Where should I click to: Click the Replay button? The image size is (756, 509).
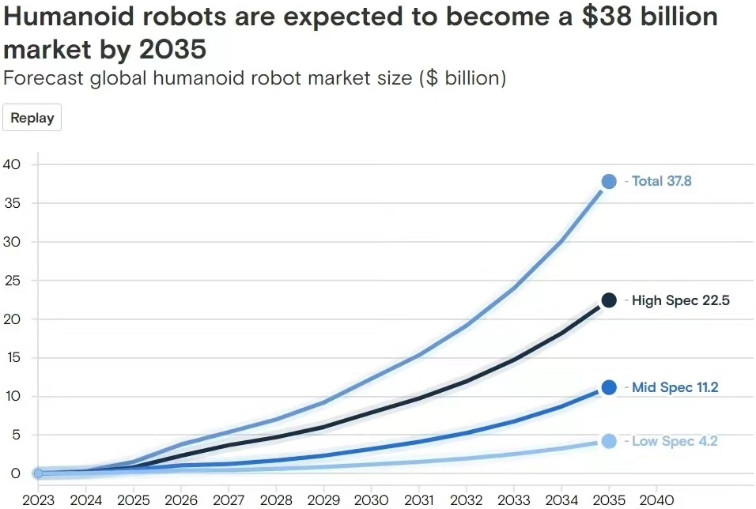32,119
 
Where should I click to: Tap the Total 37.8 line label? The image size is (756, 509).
661,182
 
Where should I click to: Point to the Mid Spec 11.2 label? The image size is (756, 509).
675,387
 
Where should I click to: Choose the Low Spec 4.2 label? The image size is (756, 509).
674,441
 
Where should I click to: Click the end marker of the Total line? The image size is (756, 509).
609,182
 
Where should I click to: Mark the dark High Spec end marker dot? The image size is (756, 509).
609,300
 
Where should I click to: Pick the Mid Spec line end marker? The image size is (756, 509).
609,387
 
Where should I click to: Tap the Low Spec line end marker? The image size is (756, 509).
609,441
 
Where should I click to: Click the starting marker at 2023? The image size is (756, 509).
38,473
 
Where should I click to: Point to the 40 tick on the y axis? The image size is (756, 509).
11,164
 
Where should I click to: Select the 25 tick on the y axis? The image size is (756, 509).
11,281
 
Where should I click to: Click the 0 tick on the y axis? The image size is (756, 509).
15,473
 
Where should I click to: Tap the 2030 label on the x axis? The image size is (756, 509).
372,500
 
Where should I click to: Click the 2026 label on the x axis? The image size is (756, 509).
181,500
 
